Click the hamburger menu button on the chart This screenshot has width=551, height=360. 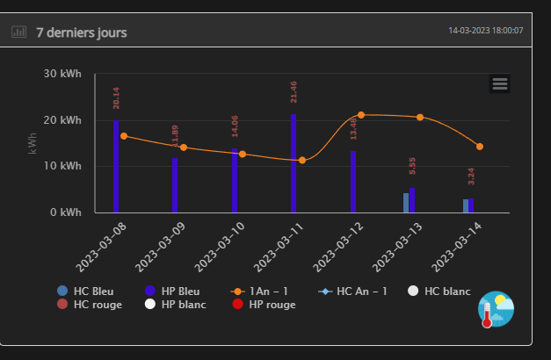click(x=500, y=83)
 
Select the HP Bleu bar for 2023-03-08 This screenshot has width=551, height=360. click(x=116, y=167)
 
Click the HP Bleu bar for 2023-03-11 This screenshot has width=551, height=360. click(x=294, y=163)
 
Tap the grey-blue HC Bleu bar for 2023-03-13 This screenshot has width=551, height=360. click(x=406, y=203)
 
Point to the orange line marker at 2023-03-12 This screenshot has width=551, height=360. click(x=360, y=115)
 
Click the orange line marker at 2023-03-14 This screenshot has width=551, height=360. click(x=480, y=147)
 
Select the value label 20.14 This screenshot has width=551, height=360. click(x=116, y=97)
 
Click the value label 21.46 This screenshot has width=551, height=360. click(x=294, y=91)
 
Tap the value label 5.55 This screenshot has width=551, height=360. click(x=412, y=165)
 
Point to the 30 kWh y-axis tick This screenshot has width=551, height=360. click(x=62, y=75)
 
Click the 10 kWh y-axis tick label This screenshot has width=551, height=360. click(x=62, y=166)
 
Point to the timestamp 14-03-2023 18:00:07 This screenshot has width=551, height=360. click(x=486, y=31)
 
